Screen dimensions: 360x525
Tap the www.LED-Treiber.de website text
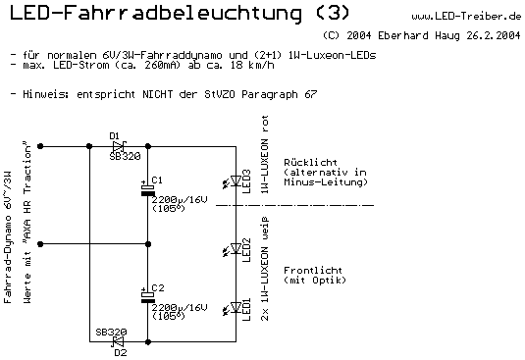465,16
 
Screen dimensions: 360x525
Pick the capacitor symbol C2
147,295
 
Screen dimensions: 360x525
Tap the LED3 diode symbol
236,179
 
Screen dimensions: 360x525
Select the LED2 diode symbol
236,243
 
